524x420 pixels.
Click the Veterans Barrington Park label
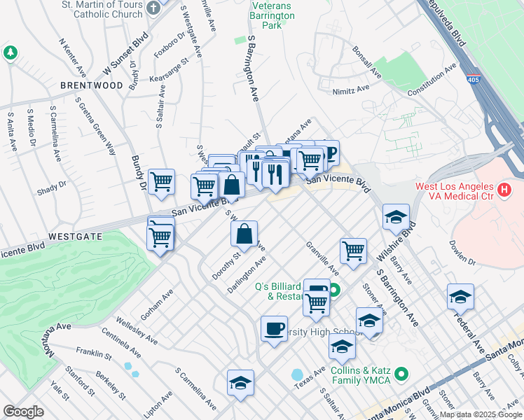266,15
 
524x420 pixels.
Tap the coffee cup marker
274,328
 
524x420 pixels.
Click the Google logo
23,411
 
